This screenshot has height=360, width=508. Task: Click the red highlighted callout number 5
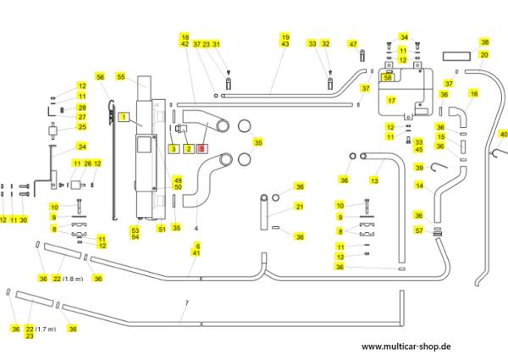coord(202,148)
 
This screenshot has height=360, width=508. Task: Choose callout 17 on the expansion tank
coord(391,99)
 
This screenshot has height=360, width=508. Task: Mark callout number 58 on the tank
coord(388,77)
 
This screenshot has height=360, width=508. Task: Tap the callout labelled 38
coord(484,42)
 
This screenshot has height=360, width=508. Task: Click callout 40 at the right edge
coord(503,134)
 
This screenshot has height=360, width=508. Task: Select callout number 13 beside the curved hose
coord(373,180)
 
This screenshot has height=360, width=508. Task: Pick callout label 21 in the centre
coord(299,206)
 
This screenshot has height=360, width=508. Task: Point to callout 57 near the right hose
coord(442,230)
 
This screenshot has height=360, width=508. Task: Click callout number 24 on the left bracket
coord(82,147)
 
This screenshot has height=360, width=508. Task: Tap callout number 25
coord(82,127)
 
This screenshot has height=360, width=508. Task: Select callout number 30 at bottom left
coord(24,219)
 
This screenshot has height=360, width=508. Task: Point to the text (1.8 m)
coord(74,279)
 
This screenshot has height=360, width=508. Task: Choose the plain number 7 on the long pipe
coord(185,302)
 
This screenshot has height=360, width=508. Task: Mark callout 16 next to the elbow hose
coord(474,93)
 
